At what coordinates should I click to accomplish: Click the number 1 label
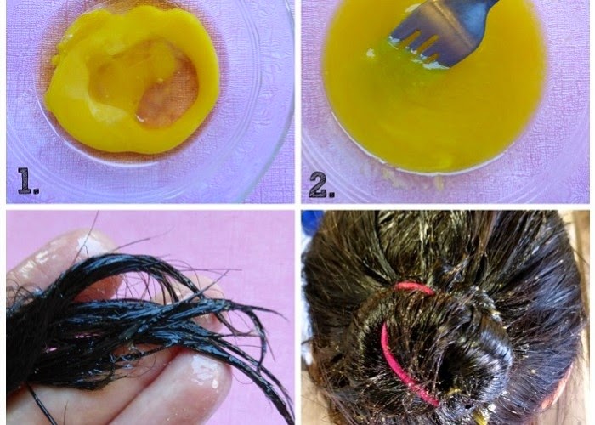pos(28,181)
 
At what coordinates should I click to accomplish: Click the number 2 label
pos(321,184)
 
